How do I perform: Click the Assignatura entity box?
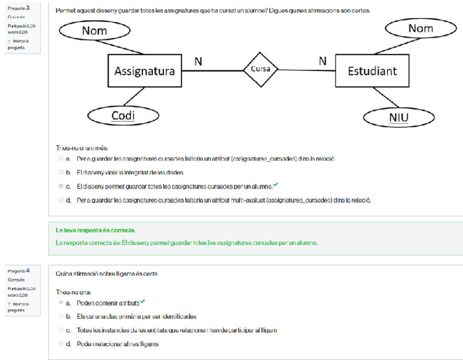pos(144,71)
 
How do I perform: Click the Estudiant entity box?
pos(372,71)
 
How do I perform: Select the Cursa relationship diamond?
pos(261,69)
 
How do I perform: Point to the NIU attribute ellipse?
pos(399,117)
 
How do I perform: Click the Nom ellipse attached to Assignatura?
pos(94,31)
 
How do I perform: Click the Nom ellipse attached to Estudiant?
pos(420,28)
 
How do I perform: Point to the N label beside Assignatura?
pos(198,62)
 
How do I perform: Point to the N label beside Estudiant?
pos(323,61)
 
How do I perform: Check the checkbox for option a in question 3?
pos(61,159)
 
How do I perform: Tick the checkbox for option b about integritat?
pos(61,173)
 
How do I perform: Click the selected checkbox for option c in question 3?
pos(61,186)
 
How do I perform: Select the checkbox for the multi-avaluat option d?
pos(61,200)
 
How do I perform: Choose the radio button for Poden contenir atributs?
pos(61,303)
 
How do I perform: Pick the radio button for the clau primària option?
pos(61,316)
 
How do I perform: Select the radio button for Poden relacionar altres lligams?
pos(61,344)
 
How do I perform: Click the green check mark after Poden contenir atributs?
pos(143,302)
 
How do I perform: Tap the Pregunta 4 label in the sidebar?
pos(19,270)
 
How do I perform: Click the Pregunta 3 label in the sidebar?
pos(19,8)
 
